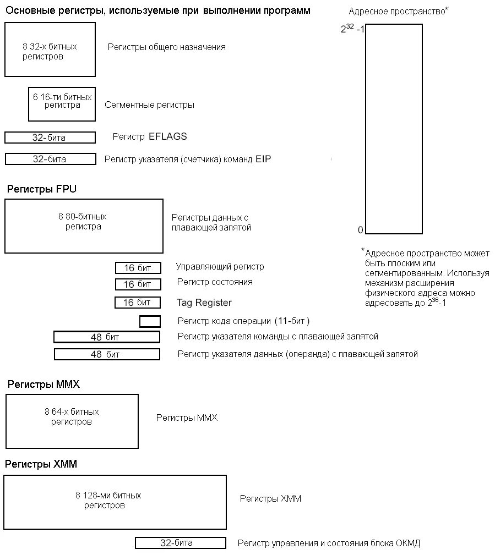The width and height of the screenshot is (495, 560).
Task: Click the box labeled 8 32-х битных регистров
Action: coord(50,50)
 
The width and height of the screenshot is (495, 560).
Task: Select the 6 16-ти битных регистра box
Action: coord(62,104)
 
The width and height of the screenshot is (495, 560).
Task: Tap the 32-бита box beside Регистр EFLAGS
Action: coord(50,138)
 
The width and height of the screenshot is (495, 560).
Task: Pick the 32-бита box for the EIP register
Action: coord(50,159)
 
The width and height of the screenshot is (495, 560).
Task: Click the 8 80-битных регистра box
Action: coord(84,226)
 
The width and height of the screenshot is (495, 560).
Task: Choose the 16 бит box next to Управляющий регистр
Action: coord(138,268)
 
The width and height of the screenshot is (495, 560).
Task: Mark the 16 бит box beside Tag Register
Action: coord(137,303)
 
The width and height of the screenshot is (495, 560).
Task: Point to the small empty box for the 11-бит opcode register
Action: coord(150,321)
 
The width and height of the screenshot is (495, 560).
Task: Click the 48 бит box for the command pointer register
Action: coord(106,337)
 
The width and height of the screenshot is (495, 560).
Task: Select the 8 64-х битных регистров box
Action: coord(72,421)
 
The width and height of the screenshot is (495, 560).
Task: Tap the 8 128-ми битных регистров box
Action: coord(115,502)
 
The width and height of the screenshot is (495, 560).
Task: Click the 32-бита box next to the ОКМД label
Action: coord(180,543)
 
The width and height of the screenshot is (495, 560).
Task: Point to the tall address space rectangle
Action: coord(394,129)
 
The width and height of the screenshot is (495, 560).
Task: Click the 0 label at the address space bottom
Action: coord(361,230)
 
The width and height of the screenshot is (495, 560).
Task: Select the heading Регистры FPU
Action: coord(42,189)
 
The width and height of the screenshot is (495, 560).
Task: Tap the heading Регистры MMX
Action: coord(43,385)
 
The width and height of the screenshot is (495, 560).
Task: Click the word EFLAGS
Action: coord(167,137)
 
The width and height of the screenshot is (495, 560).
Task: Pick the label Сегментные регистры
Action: coord(149,105)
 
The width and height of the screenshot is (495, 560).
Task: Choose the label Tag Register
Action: coord(204,303)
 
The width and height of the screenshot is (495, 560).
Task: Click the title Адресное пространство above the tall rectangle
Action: coord(396,12)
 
